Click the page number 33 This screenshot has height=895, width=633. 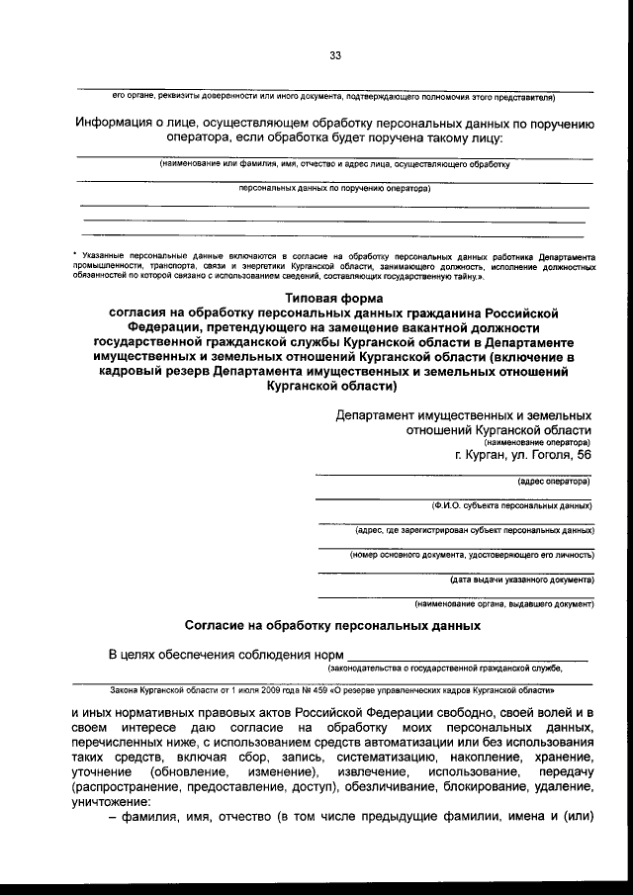(x=335, y=57)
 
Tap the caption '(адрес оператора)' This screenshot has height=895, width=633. (x=554, y=483)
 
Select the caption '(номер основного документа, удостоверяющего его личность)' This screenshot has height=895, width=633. (x=472, y=555)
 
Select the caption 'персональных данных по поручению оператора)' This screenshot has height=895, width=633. (x=335, y=186)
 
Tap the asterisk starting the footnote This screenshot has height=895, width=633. (x=76, y=255)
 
